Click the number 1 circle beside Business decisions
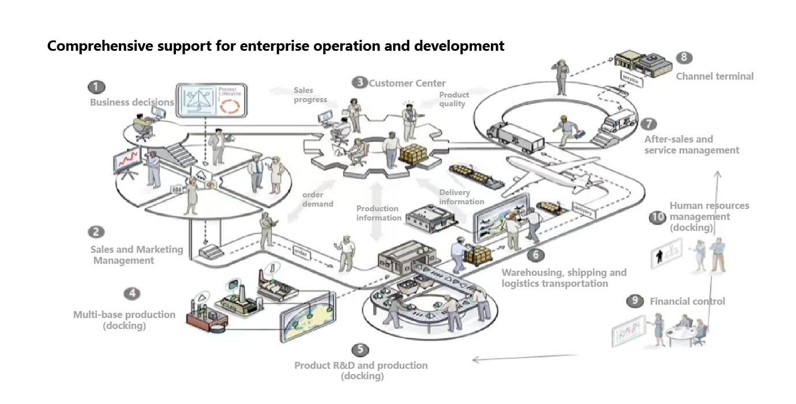tap(96, 87)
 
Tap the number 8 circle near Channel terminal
tap(684, 58)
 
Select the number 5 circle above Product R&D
tap(360, 349)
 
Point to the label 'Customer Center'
tap(407, 83)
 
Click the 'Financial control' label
tap(687, 301)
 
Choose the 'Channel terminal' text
tap(714, 76)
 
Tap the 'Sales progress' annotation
tap(310, 95)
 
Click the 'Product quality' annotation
tap(454, 99)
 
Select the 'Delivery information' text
tap(461, 197)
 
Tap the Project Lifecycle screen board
tap(212, 101)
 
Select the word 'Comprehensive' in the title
tap(99, 46)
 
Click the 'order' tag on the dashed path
tap(301, 252)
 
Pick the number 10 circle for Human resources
tap(658, 217)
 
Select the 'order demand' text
tap(317, 199)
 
